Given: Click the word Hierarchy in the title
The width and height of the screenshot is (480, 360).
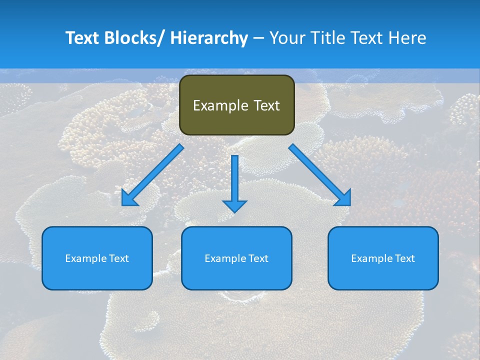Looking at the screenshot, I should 209,38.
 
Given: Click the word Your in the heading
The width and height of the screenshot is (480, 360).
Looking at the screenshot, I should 288,38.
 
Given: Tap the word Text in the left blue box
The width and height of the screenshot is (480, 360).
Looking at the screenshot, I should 119,258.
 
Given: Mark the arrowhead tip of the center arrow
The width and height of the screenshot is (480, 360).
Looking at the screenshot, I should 234,212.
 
